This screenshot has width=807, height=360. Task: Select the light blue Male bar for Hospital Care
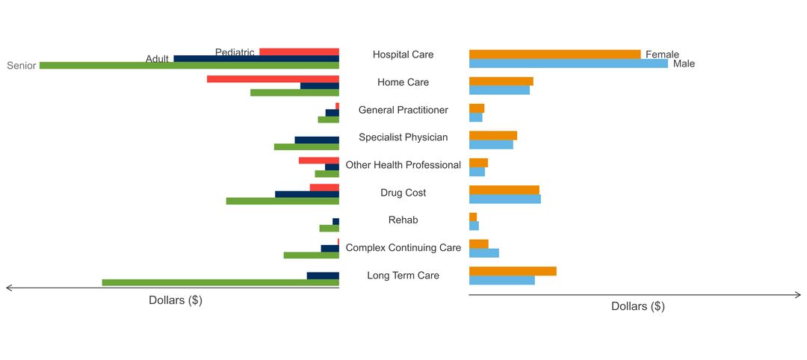tap(568, 63)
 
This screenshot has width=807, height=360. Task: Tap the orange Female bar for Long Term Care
tap(513, 271)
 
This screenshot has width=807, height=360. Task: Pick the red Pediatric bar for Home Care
tap(273, 79)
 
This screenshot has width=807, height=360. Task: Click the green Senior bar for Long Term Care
tap(220, 282)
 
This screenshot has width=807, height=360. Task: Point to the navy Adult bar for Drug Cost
tap(307, 194)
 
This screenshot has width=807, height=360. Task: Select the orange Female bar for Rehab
tap(473, 217)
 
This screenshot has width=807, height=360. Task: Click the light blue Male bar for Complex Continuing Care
tap(483, 253)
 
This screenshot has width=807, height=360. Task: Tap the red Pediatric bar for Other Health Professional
tap(319, 161)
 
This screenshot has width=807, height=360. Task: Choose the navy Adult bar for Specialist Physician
tap(317, 140)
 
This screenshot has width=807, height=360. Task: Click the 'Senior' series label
tap(22, 66)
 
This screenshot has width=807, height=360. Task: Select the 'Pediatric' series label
tap(235, 52)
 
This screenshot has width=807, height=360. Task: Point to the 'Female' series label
tap(662, 55)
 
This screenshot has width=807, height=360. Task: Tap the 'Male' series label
tap(684, 64)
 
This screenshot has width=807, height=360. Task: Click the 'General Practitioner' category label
tap(403, 110)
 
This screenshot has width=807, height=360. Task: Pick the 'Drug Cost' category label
tap(403, 193)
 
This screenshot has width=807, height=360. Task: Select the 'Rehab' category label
tap(403, 220)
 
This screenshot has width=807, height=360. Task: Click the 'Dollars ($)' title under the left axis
tap(176, 300)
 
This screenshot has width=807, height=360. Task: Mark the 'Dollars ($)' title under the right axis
tap(637, 306)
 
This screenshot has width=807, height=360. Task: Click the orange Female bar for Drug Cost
tap(504, 190)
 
